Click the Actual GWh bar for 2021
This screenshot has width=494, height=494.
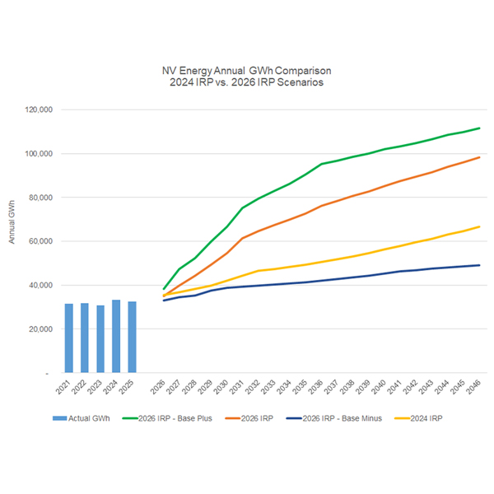click(69, 338)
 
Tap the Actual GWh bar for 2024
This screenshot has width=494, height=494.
click(116, 336)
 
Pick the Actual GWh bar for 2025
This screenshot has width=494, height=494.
click(132, 337)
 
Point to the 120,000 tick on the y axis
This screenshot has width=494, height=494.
click(40, 110)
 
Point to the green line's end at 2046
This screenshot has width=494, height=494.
click(479, 128)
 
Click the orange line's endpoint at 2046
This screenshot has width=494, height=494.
click(479, 157)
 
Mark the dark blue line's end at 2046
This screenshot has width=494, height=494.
click(479, 265)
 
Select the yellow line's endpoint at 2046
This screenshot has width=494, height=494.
click(479, 226)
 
